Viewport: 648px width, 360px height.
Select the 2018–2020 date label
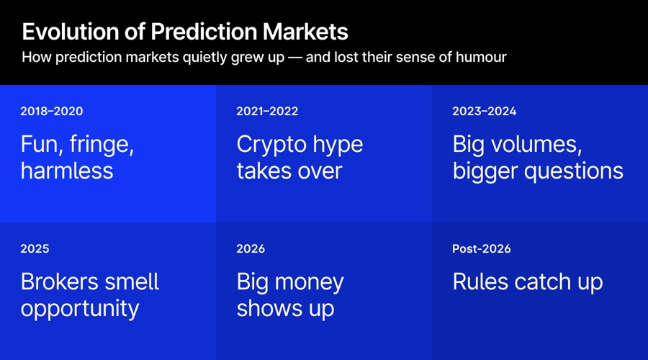51,111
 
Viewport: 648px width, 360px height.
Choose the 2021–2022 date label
267,111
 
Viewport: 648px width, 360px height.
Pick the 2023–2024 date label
484,111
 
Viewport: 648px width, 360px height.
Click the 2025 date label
35,248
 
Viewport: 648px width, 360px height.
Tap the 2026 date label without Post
251,248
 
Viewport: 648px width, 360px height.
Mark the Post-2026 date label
481,248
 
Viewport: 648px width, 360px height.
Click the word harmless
67,171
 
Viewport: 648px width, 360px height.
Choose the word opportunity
80,309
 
